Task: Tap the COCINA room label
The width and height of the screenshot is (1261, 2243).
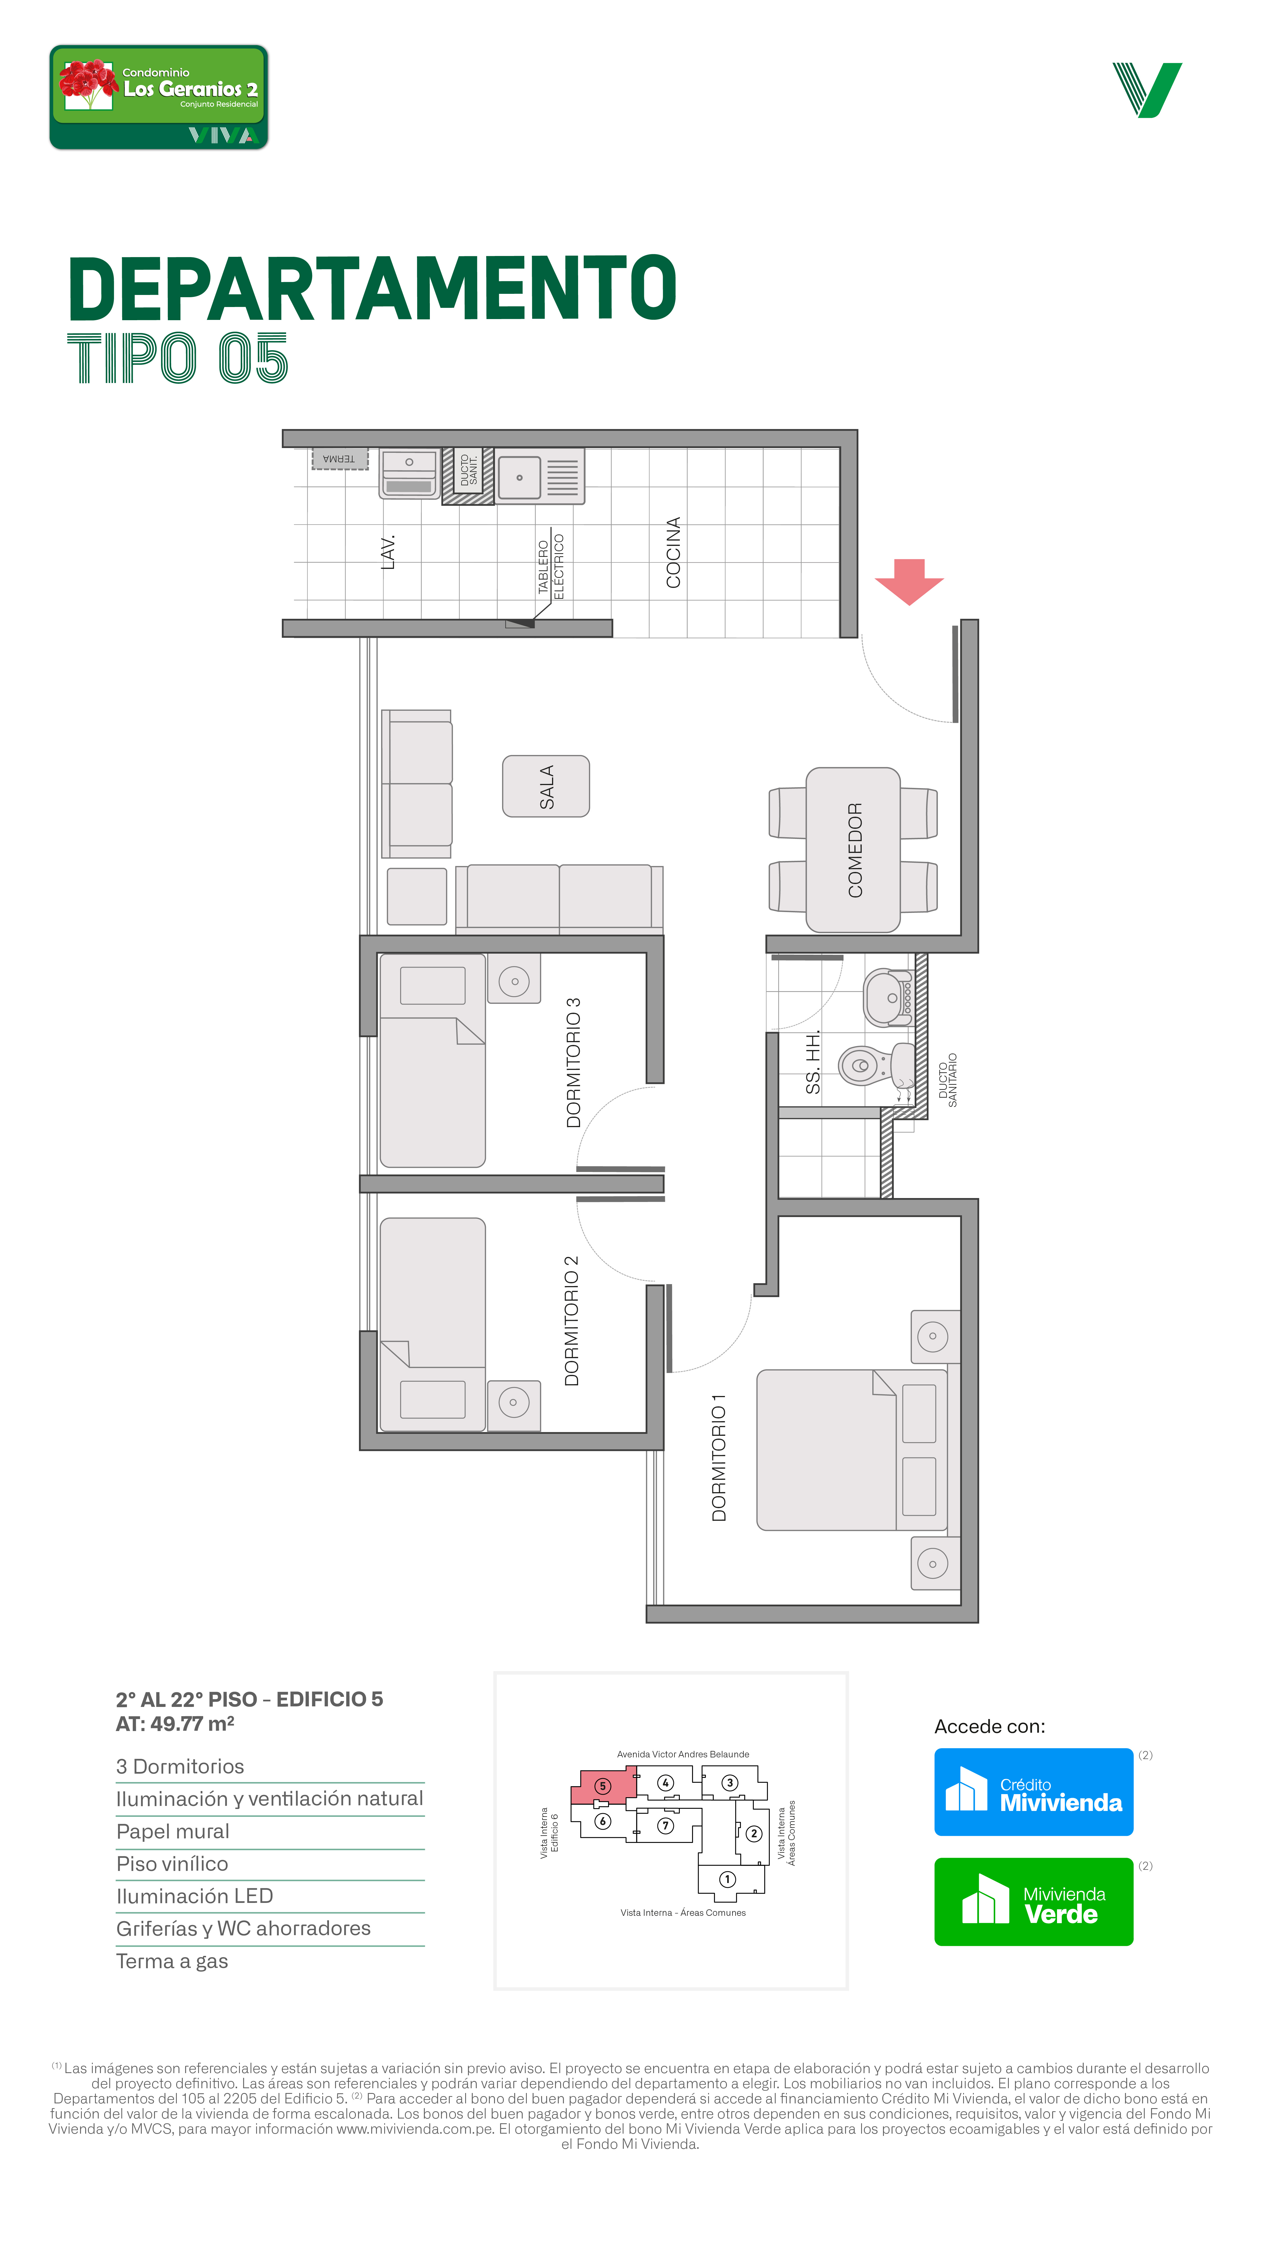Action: coord(673,552)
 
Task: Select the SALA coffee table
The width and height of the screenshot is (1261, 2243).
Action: coord(546,786)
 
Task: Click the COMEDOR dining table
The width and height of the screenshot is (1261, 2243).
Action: coord(853,850)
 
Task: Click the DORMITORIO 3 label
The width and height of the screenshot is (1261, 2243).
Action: coord(572,1062)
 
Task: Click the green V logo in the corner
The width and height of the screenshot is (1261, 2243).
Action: coord(1147,90)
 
